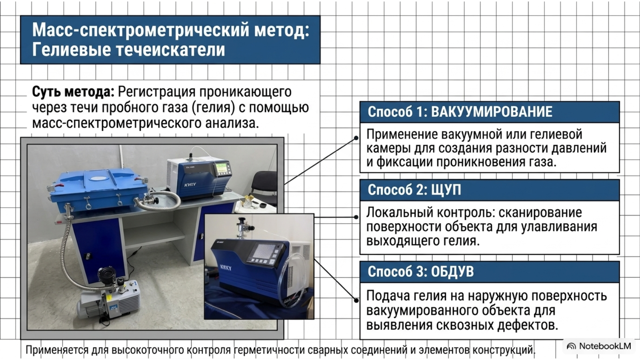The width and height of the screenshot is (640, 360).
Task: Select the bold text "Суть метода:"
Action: pyautogui.click(x=73, y=92)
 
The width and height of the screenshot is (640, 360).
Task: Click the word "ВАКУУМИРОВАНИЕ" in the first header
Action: pyautogui.click(x=492, y=112)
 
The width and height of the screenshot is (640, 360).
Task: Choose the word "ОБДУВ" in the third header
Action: pyautogui.click(x=452, y=272)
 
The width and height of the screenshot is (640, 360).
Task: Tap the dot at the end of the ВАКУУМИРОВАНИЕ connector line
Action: pyautogui.click(x=356, y=138)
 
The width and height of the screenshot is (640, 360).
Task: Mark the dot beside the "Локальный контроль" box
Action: pyautogui.click(x=356, y=217)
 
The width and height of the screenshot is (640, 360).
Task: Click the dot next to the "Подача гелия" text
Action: pyautogui.click(x=356, y=300)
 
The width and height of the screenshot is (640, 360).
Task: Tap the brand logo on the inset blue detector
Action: pyautogui.click(x=226, y=268)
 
